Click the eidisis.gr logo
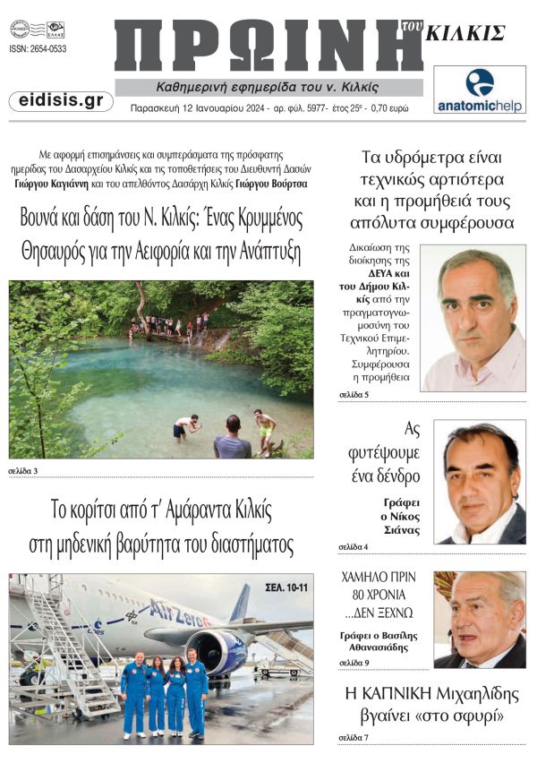tap(60, 100)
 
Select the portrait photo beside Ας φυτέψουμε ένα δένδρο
tap(480, 483)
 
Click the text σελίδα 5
tap(354, 394)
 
